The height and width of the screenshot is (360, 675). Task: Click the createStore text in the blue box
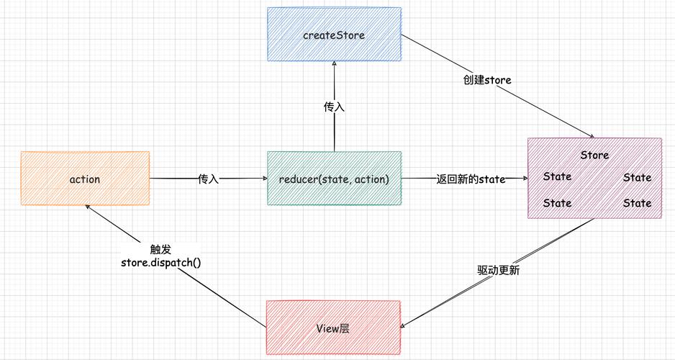click(334, 35)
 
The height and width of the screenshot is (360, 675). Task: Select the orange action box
click(85, 178)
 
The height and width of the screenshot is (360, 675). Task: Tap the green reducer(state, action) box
click(334, 178)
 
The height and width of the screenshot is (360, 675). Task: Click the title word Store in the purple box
click(594, 155)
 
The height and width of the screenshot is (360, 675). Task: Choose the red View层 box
click(332, 328)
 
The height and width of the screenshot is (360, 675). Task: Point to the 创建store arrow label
click(487, 80)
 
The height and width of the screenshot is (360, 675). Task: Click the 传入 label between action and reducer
click(208, 179)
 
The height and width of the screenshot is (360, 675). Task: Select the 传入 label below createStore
click(334, 107)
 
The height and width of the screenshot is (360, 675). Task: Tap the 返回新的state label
click(471, 179)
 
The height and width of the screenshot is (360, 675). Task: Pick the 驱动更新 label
click(499, 271)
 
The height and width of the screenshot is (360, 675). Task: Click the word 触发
click(160, 248)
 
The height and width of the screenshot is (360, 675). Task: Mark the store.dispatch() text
click(160, 262)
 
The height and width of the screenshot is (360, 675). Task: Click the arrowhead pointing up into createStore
click(334, 63)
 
